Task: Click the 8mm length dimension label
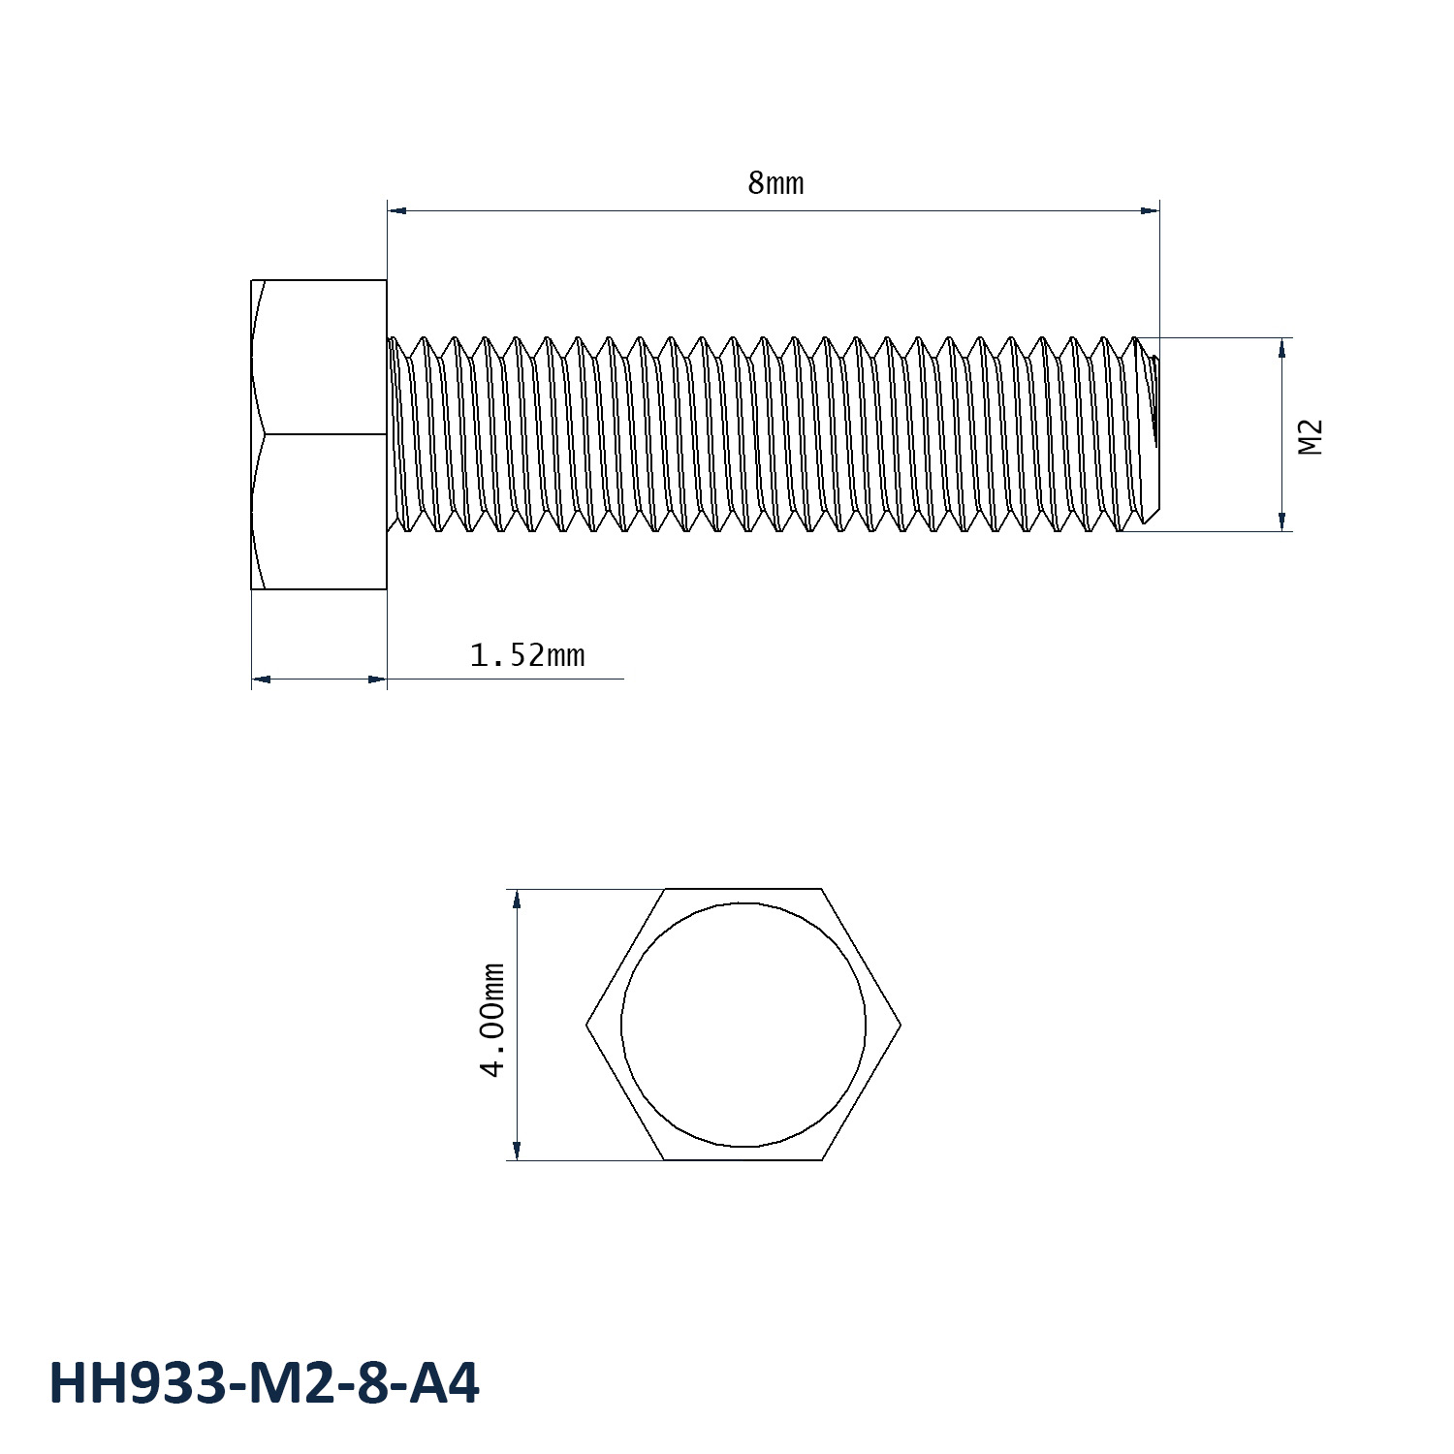tap(775, 183)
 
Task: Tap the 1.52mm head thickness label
tap(527, 656)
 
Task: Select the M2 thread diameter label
tap(1310, 437)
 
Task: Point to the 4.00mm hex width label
tap(493, 1020)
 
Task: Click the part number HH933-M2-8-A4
tap(264, 1383)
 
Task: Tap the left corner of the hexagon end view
tap(586, 1024)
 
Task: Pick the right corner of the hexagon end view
tap(901, 1024)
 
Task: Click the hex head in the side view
tap(319, 433)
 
